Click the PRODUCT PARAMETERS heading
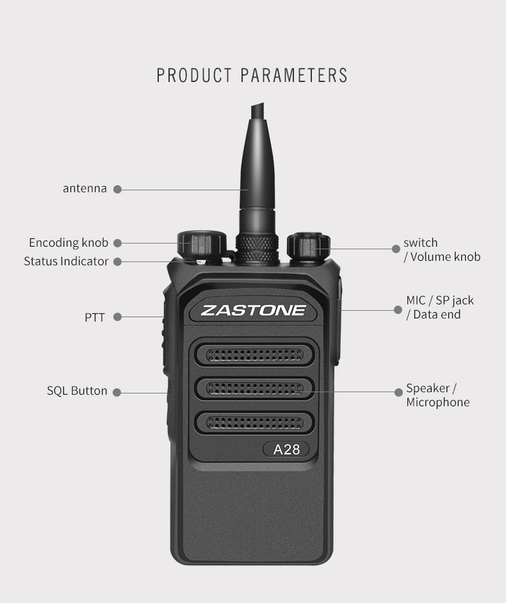click(252, 76)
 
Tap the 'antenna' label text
click(85, 188)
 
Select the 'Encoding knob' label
click(69, 243)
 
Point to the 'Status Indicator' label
click(66, 261)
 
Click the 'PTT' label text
click(95, 318)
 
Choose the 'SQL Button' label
click(77, 391)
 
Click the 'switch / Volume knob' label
click(442, 249)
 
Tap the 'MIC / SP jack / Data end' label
click(440, 308)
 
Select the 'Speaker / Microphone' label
click(437, 395)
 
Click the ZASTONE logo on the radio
click(253, 310)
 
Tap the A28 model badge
click(286, 449)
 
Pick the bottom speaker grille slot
click(255, 423)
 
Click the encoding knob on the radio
click(201, 245)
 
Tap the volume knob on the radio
click(309, 246)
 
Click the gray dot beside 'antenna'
click(118, 189)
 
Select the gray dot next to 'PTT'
click(118, 317)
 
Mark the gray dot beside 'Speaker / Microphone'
click(399, 392)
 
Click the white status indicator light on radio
click(200, 262)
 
